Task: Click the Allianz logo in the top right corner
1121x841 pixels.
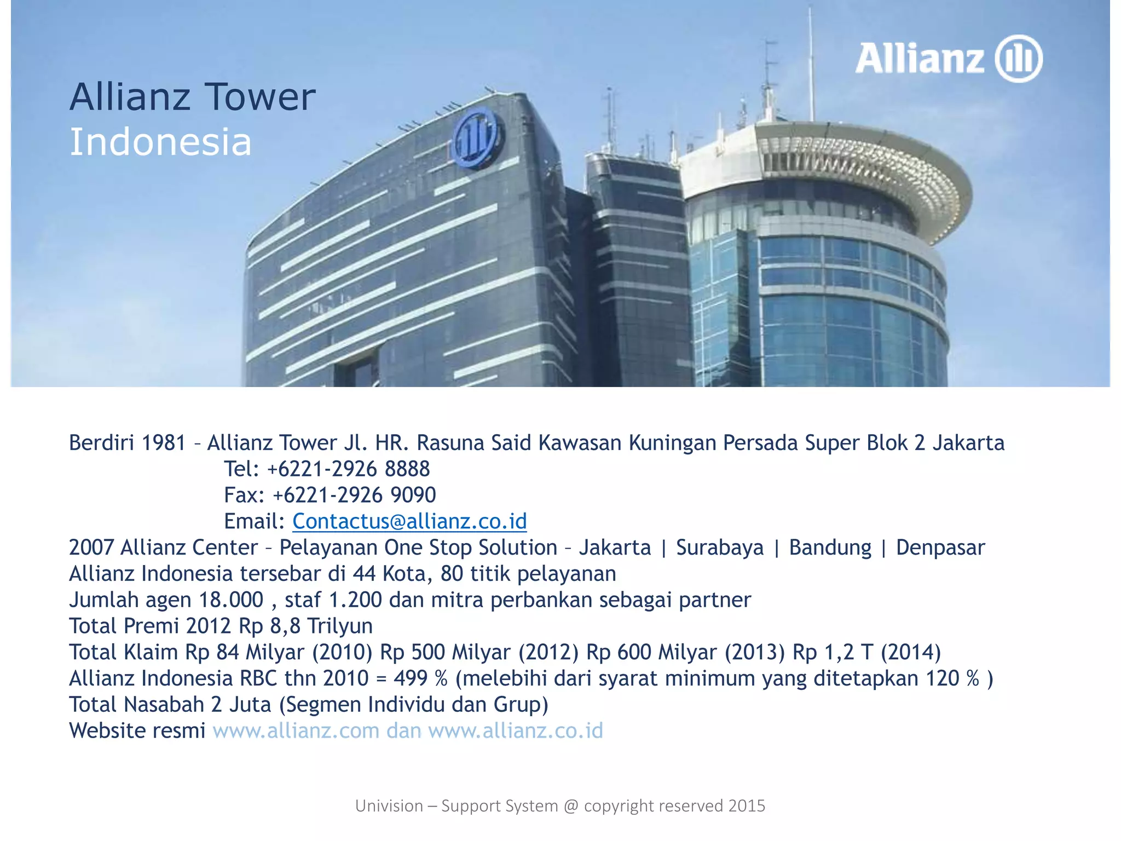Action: [949, 59]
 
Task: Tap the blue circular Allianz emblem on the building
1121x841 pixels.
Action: [475, 137]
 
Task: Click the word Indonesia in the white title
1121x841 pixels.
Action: [160, 142]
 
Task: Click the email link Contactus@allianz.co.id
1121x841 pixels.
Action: [409, 521]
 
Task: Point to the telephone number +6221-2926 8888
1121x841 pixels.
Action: [348, 469]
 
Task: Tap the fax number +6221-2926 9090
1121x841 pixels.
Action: [354, 495]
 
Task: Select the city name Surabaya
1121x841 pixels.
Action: [719, 548]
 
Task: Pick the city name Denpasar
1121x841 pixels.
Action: [940, 548]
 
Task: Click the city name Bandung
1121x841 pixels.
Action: [830, 548]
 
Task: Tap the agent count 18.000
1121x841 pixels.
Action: [231, 600]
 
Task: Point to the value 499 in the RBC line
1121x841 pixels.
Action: [411, 678]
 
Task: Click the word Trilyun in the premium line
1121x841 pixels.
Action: [340, 626]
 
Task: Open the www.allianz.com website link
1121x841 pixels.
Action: [296, 731]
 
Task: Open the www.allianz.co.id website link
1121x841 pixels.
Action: [515, 731]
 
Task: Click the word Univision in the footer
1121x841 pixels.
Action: [389, 806]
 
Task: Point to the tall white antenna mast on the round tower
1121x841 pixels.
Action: [811, 60]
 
